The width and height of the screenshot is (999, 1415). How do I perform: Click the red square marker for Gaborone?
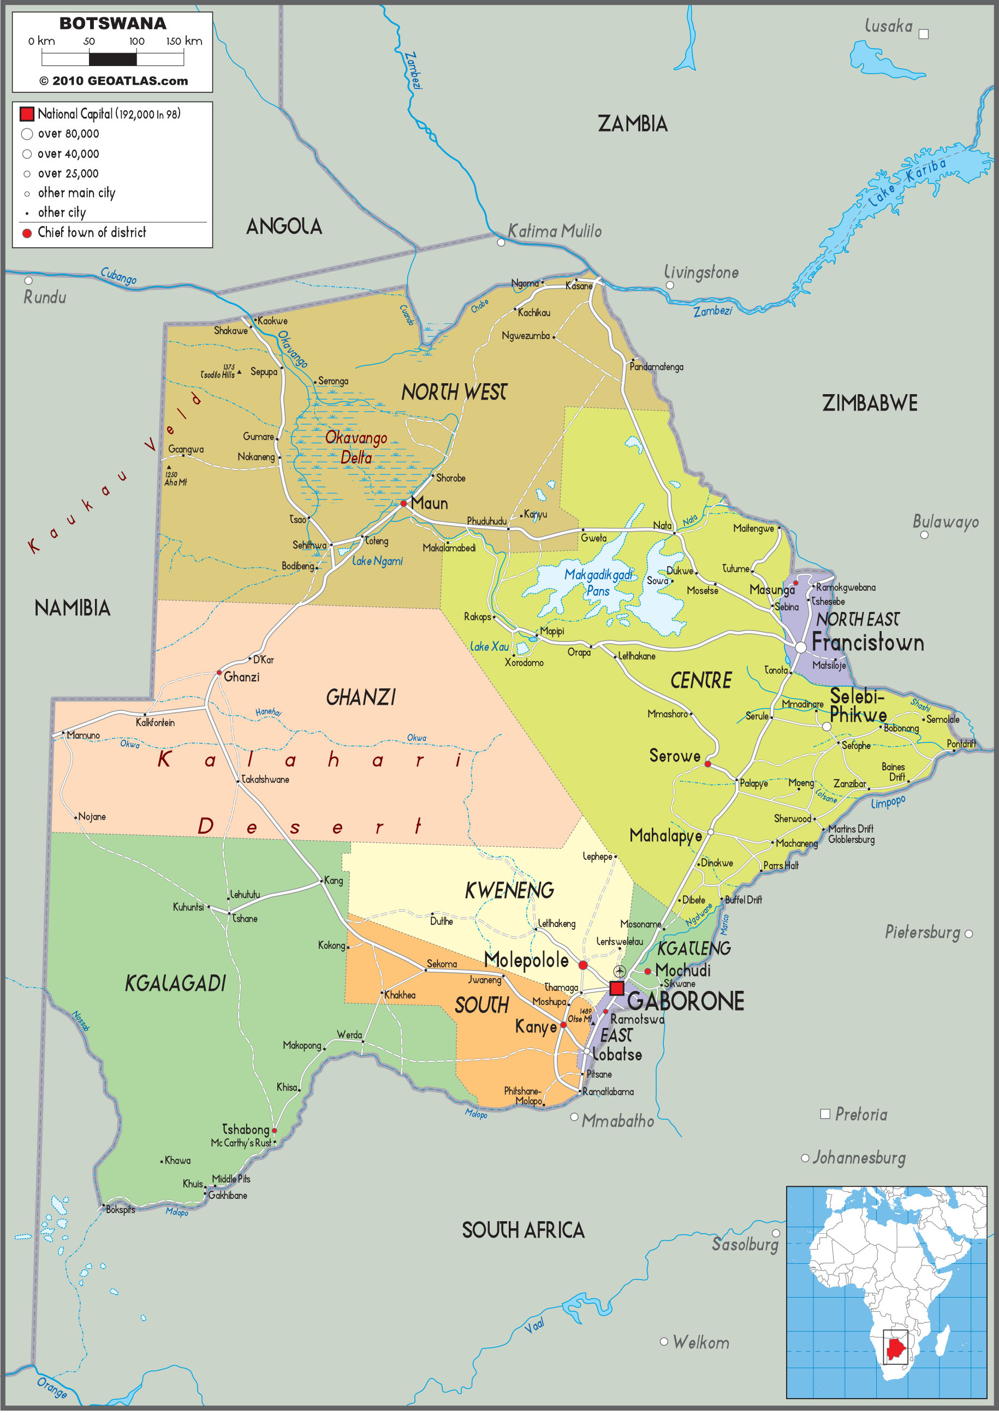(616, 989)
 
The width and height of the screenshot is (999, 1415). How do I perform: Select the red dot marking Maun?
(403, 503)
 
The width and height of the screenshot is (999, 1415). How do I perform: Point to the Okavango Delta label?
(356, 448)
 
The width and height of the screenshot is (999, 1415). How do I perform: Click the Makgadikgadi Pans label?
(598, 582)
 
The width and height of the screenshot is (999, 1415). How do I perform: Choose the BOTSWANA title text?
(113, 23)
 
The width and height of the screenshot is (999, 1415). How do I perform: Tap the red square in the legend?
(27, 114)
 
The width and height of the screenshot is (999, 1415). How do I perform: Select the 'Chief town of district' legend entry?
(91, 233)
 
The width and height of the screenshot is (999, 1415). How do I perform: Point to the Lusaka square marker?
(923, 34)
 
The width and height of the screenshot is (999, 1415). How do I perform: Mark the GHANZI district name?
(360, 698)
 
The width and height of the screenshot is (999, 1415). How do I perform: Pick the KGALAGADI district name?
(176, 984)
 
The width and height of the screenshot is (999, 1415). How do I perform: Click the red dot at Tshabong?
(274, 1131)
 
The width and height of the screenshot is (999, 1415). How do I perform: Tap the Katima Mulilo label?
(554, 231)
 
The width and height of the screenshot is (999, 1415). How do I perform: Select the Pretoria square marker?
(825, 1114)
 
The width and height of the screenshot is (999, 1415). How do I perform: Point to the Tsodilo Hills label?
(218, 374)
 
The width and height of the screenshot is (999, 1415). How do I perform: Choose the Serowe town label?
(674, 756)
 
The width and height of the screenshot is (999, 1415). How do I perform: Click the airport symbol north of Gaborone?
(620, 972)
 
